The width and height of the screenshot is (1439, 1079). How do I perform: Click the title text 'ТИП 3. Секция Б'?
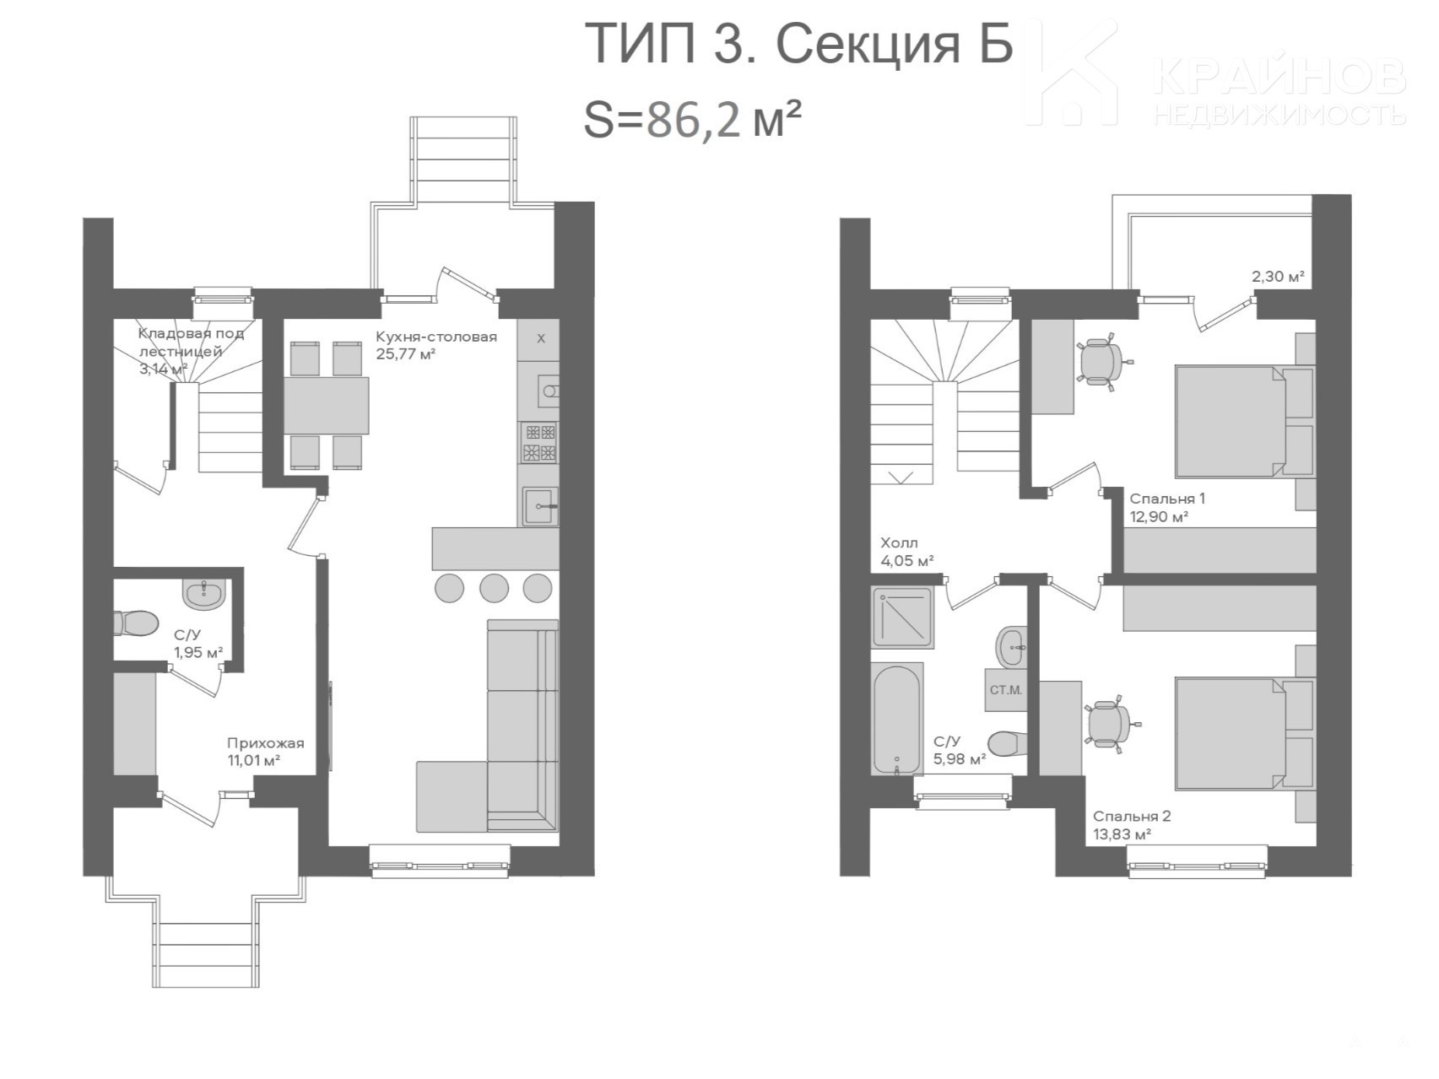[798, 44]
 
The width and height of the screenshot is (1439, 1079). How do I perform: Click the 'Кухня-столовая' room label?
[436, 337]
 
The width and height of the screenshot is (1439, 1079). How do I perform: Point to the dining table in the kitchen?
[326, 405]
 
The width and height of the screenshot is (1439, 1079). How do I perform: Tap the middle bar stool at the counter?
[494, 587]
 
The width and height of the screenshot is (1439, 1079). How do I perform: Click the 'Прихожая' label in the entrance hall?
[265, 743]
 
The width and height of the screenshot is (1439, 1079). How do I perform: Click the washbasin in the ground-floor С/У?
[203, 594]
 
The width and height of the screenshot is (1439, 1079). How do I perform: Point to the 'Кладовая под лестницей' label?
[192, 342]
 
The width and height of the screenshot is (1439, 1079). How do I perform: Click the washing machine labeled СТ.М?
[1005, 690]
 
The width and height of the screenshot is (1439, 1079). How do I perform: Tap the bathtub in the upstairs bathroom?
[896, 719]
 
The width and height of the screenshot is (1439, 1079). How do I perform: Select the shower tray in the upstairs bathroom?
[902, 618]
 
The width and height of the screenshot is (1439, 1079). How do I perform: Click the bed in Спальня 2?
[1245, 733]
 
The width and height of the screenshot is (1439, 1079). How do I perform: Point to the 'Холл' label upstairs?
[899, 542]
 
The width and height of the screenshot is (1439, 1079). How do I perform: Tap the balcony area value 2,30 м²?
[1278, 276]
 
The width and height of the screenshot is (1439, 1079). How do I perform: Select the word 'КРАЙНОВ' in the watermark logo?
[1279, 77]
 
